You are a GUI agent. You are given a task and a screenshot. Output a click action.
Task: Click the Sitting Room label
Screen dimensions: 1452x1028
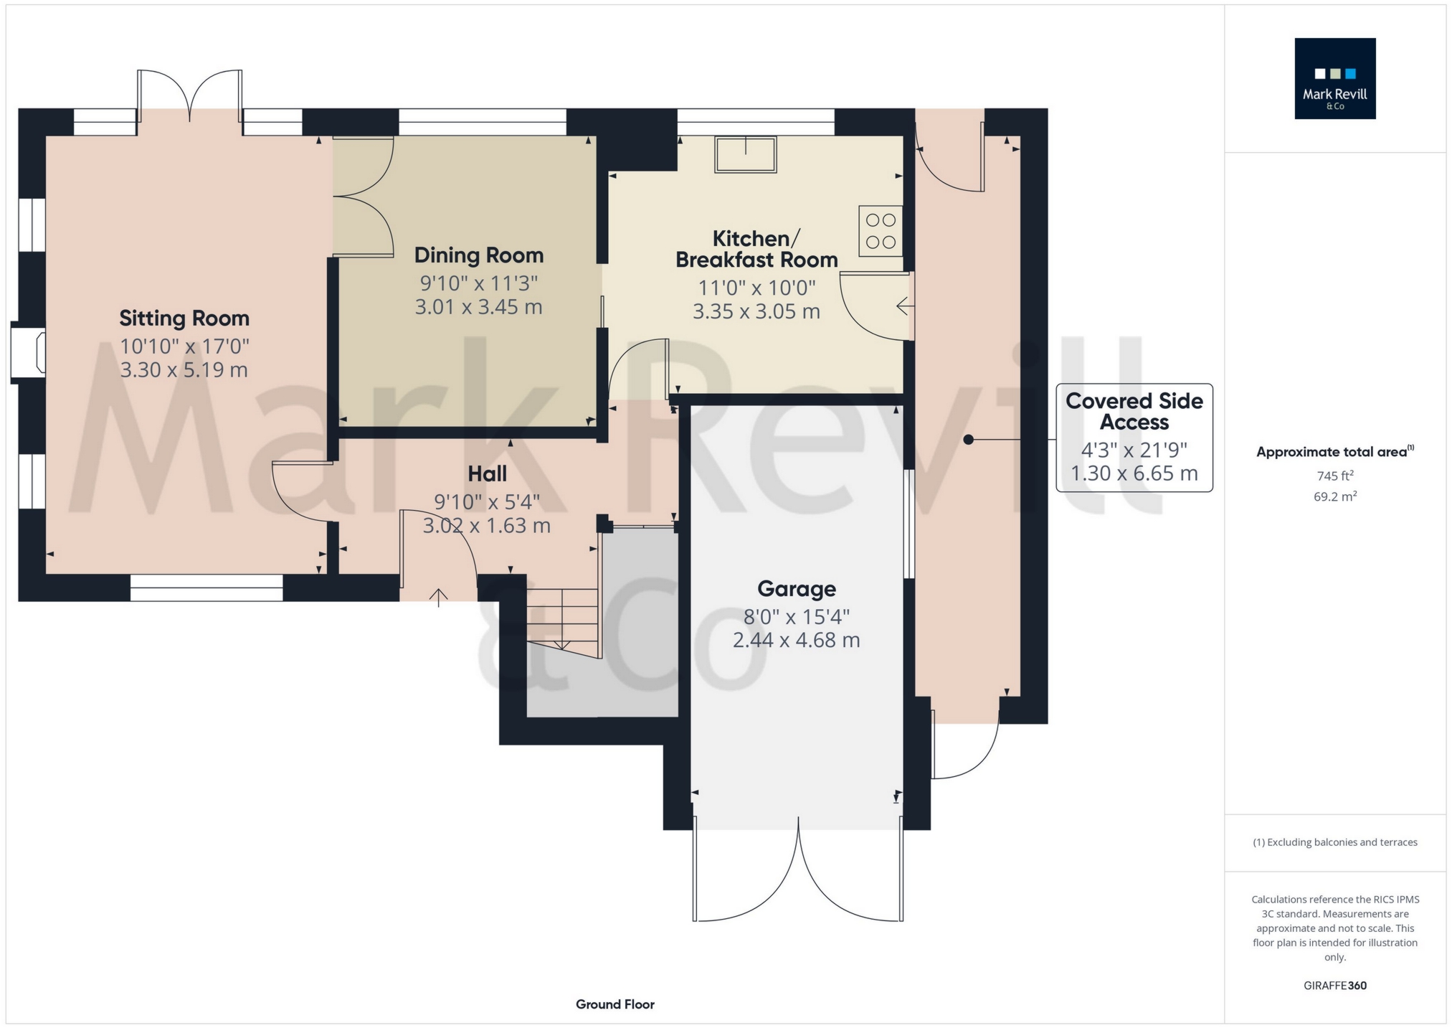(184, 318)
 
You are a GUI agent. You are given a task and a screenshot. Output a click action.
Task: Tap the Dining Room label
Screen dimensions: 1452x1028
(479, 255)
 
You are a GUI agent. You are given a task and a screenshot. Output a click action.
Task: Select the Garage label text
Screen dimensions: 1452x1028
(797, 589)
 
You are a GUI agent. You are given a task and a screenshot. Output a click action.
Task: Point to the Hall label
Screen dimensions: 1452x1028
(488, 473)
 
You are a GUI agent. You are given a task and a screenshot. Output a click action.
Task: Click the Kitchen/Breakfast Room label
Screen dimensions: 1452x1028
(756, 249)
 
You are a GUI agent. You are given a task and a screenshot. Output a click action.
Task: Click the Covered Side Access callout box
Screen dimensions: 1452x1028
(1134, 438)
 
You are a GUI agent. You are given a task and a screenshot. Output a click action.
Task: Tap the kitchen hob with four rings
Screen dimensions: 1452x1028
(881, 231)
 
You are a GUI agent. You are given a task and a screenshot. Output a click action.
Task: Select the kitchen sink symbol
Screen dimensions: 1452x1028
(746, 155)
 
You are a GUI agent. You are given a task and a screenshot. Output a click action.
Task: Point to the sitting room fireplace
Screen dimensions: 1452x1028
(29, 352)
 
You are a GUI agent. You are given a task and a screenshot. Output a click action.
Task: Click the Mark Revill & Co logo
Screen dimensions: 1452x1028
(1335, 78)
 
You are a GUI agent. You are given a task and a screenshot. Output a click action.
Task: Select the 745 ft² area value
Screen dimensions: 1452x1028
(1335, 475)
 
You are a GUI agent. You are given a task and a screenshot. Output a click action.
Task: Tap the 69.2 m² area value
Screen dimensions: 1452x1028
(1335, 496)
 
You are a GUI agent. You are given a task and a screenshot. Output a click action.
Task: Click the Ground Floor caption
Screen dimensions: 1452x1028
(615, 1004)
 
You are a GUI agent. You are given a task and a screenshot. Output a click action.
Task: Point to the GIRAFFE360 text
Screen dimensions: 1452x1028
(1335, 986)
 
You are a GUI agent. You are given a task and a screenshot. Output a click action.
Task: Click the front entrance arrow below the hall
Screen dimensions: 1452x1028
(439, 598)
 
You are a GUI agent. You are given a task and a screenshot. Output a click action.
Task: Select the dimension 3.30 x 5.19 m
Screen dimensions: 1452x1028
(184, 370)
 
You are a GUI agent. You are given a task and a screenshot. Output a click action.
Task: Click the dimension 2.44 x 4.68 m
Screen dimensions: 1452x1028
(797, 640)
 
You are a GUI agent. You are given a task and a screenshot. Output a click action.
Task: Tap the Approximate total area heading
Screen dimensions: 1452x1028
(1335, 451)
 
